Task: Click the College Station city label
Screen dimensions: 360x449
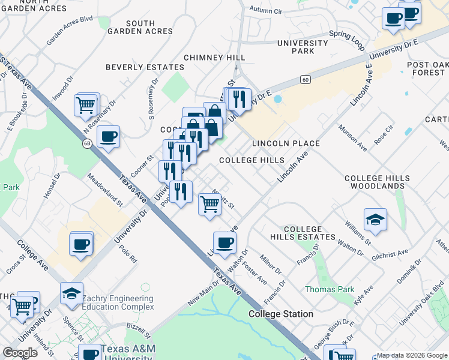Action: click(x=281, y=314)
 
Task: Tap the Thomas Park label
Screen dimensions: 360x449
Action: click(x=330, y=289)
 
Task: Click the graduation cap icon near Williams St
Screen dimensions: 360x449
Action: click(x=375, y=220)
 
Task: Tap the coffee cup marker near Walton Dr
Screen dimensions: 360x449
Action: click(x=224, y=243)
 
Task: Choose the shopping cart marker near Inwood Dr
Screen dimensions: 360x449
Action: click(x=86, y=106)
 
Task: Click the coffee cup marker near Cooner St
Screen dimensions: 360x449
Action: click(x=108, y=137)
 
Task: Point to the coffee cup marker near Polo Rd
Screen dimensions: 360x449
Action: click(x=80, y=245)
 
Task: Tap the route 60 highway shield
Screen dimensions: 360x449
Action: click(x=306, y=79)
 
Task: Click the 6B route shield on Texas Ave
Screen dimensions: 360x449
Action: click(x=87, y=143)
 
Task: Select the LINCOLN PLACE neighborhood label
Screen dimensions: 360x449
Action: click(x=286, y=143)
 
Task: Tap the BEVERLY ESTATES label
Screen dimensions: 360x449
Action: click(x=145, y=67)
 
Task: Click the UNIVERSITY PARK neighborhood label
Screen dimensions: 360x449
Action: click(x=303, y=47)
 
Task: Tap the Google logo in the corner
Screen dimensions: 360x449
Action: click(x=20, y=352)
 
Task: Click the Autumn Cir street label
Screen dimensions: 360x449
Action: click(x=265, y=10)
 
